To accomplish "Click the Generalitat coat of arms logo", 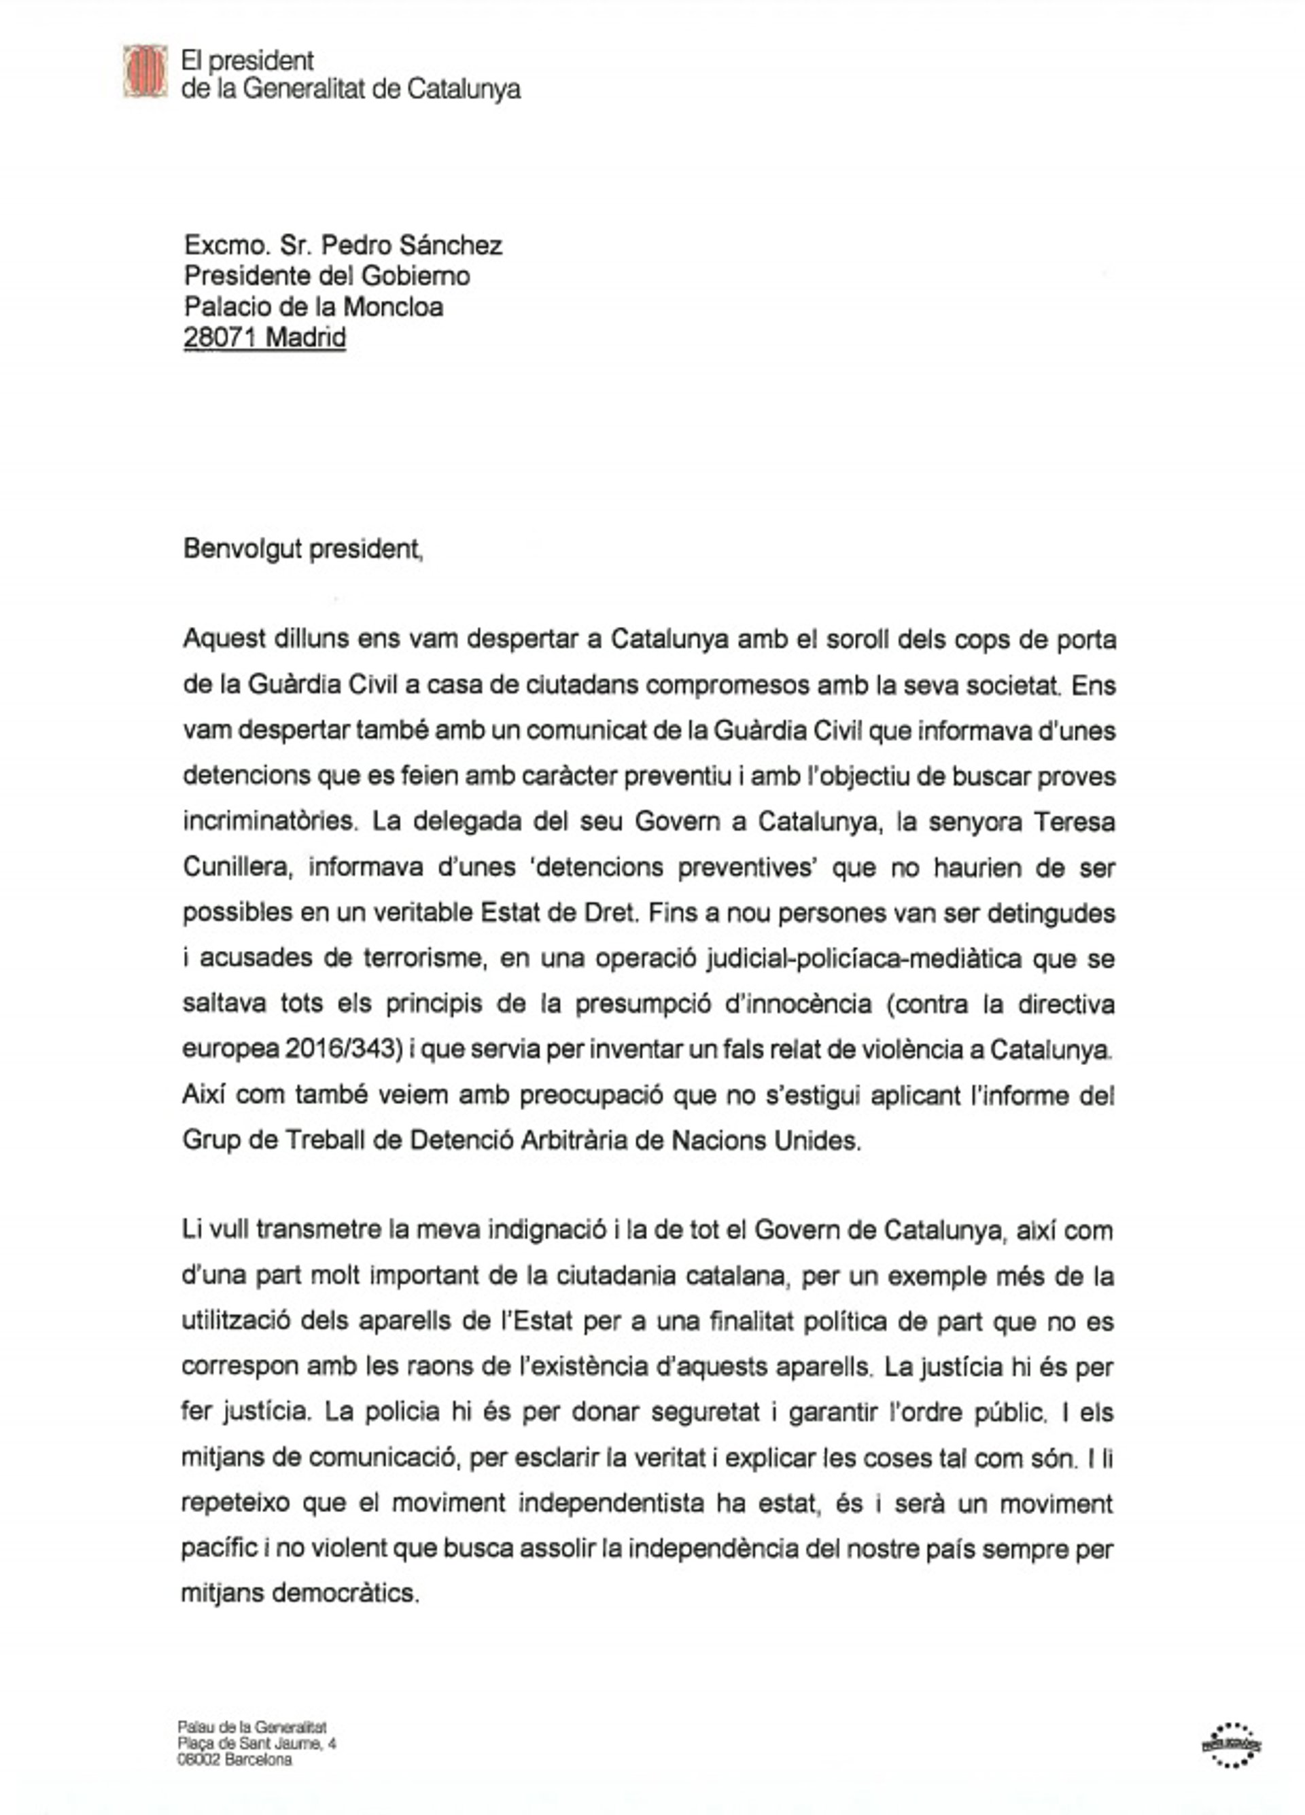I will pos(145,71).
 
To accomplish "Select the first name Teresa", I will pos(1074,822).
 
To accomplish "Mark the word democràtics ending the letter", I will pos(345,1594).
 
